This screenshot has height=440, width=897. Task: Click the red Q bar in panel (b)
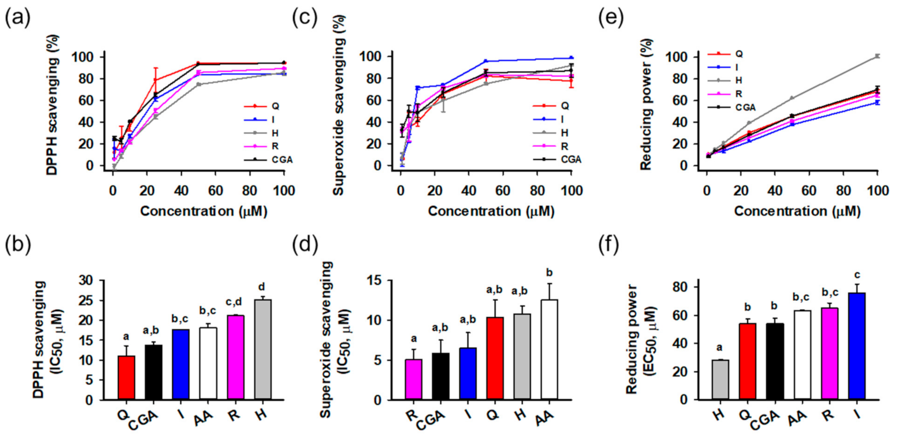[x=126, y=378]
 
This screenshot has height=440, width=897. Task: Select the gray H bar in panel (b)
[x=263, y=350]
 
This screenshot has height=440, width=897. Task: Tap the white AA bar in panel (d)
[x=549, y=350]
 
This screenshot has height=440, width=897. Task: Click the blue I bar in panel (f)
[x=857, y=346]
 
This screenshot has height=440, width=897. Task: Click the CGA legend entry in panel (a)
[x=281, y=160]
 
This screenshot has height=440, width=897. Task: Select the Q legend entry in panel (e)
[x=739, y=54]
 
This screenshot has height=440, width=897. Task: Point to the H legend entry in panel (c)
[x=564, y=133]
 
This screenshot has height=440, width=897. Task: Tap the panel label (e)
[x=611, y=18]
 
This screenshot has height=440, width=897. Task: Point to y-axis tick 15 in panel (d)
[x=374, y=281]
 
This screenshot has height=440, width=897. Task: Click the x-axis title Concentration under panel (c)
[x=491, y=211]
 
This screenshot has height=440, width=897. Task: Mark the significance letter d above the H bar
[x=261, y=287]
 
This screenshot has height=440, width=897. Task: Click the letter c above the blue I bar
[x=857, y=275]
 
